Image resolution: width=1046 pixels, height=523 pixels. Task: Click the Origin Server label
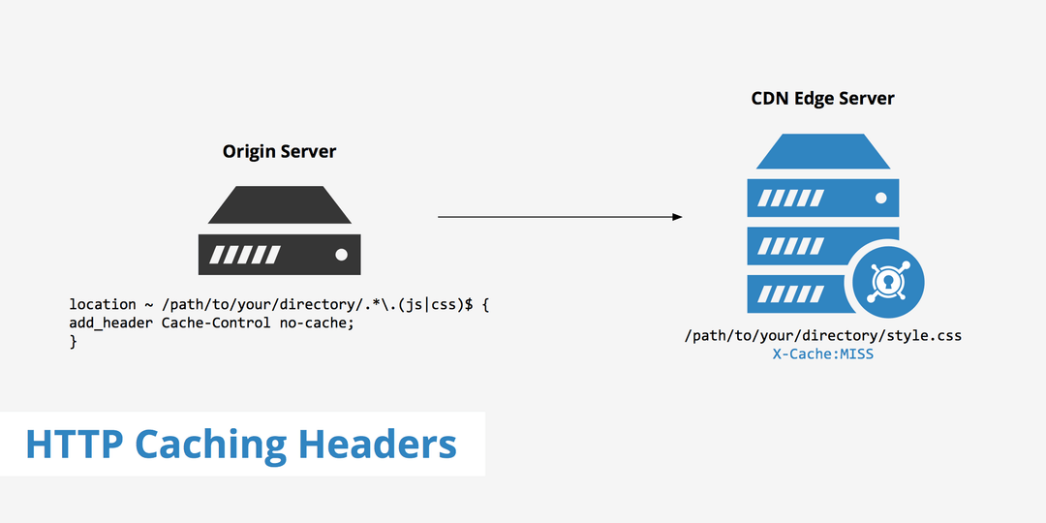click(279, 152)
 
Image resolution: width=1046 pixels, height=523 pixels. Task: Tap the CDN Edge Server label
click(822, 99)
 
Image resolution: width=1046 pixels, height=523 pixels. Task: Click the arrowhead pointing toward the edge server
click(677, 217)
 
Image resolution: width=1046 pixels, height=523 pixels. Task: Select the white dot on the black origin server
click(341, 255)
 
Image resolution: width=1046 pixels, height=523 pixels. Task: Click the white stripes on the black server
click(246, 255)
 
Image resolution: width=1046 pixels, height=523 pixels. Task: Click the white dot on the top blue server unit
click(880, 198)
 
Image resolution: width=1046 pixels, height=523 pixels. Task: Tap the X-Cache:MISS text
click(822, 354)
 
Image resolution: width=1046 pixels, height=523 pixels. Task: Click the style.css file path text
click(822, 336)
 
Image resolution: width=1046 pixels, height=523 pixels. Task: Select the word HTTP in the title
click(75, 445)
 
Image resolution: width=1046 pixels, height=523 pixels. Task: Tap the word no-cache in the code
click(317, 323)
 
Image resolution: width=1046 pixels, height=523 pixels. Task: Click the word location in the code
click(102, 304)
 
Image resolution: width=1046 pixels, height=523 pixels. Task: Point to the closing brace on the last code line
click(73, 341)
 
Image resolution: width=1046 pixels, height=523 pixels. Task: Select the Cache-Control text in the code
click(215, 323)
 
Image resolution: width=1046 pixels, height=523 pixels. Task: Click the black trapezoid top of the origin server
click(279, 204)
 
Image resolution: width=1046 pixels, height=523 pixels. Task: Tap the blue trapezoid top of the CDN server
click(822, 152)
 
